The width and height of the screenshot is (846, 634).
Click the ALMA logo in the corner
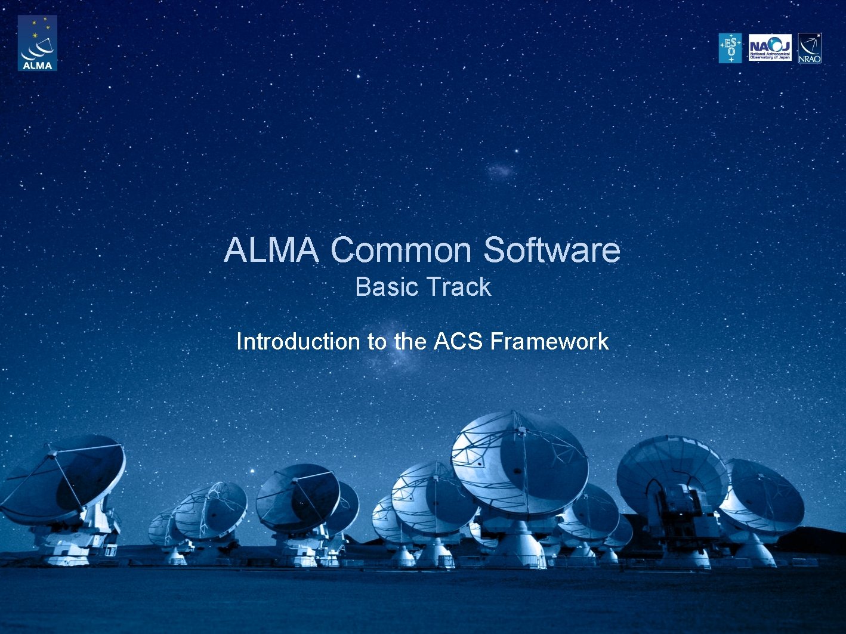click(37, 43)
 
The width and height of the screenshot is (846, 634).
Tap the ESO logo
click(730, 48)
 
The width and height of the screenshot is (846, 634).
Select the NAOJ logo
click(770, 48)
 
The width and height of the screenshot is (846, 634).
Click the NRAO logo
click(810, 48)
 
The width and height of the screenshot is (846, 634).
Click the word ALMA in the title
click(271, 250)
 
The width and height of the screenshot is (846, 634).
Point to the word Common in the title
click(401, 250)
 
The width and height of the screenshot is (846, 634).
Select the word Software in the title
click(551, 250)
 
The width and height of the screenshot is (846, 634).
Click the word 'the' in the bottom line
click(409, 342)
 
